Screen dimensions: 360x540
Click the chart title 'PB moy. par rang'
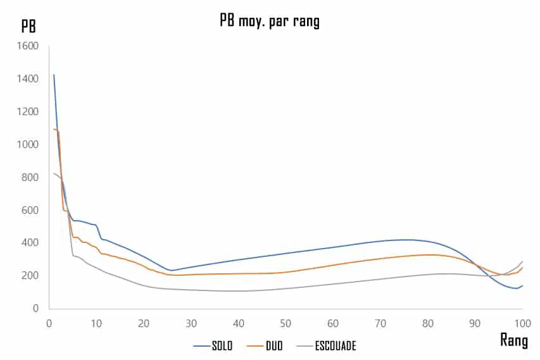[270, 21]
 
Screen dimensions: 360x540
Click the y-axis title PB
[28, 27]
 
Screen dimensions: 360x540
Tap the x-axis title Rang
[514, 340]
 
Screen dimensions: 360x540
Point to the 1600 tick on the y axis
[27, 46]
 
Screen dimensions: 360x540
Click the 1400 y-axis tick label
[27, 79]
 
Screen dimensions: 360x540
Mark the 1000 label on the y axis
[27, 144]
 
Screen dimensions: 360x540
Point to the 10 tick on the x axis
[96, 323]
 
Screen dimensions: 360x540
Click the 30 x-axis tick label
[191, 323]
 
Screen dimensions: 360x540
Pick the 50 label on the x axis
[286, 323]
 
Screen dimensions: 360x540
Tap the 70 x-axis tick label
[380, 323]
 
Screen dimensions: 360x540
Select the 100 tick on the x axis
[522, 323]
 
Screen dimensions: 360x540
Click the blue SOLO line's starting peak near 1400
[54, 75]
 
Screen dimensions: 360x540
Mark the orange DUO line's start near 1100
[54, 129]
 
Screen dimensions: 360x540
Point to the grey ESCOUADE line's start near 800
[54, 173]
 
